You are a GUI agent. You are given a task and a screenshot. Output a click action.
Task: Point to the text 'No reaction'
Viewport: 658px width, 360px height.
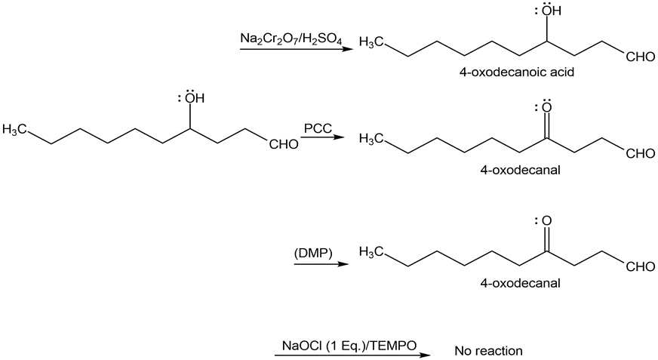click(488, 351)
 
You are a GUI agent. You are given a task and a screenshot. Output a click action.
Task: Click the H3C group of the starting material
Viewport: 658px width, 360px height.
click(15, 129)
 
